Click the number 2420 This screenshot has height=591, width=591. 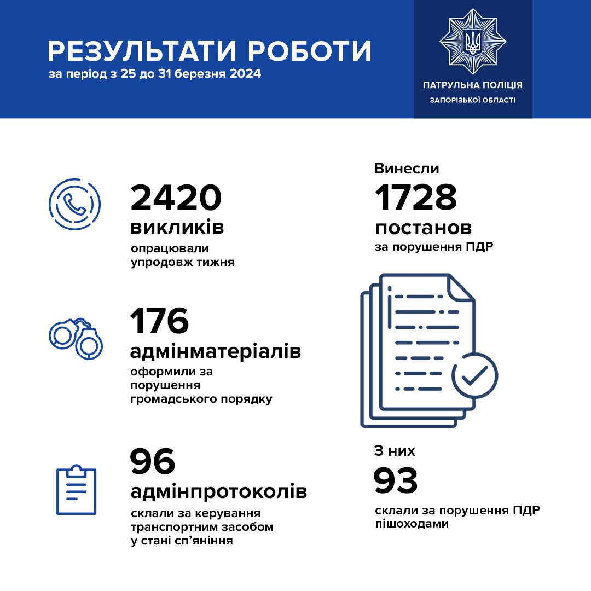[x=176, y=198]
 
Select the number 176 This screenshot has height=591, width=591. [x=159, y=321]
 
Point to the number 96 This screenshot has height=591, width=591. [x=153, y=462]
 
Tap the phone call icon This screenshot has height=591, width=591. [x=74, y=204]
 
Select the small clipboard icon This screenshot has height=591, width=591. [x=77, y=490]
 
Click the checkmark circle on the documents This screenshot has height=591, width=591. [x=474, y=375]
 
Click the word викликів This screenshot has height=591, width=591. [x=177, y=227]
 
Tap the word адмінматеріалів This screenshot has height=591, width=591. [x=216, y=351]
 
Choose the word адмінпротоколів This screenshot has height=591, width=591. [x=218, y=491]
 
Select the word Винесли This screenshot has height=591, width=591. [x=407, y=169]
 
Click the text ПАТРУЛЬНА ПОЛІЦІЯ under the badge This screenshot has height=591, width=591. [x=472, y=85]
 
